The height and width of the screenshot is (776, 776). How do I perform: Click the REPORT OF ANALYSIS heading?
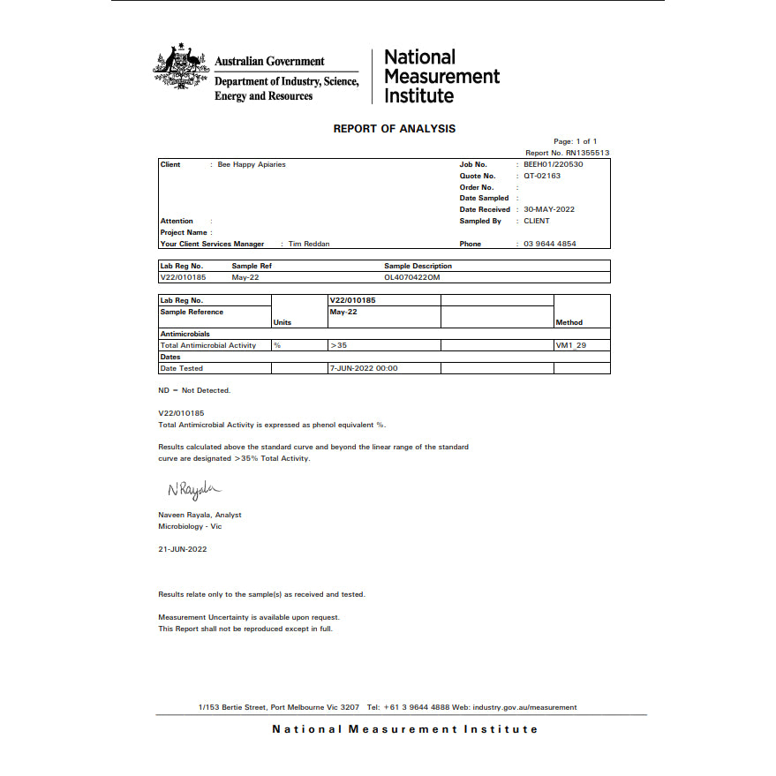coord(394,129)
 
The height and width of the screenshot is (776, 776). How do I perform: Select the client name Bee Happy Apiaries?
coord(252,165)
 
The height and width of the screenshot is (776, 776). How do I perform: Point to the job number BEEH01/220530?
coord(554,165)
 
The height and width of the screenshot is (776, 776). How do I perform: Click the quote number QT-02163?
coord(542,176)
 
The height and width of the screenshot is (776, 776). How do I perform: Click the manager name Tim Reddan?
coord(309,244)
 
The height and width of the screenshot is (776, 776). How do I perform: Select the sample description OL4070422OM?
coord(411,277)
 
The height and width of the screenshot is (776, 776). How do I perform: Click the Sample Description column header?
coord(418,266)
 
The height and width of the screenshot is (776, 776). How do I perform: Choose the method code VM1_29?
coord(570,345)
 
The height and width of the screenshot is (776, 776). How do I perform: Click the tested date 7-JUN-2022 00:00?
coord(364,368)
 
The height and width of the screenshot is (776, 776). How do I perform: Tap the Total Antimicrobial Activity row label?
coord(208,345)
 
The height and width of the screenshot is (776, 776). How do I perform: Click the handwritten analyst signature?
coord(193,489)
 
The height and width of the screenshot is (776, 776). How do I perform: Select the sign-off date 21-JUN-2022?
coord(183,548)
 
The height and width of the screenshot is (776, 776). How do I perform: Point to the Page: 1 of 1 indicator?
coord(575,141)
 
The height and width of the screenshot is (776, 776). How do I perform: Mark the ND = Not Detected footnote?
coord(194,390)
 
